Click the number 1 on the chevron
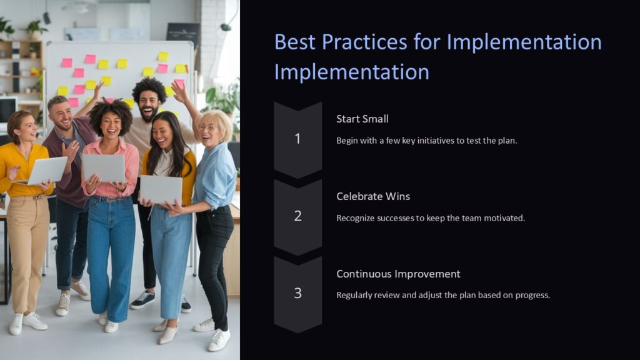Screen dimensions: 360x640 tap(297, 139)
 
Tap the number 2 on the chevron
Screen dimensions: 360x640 tap(297, 216)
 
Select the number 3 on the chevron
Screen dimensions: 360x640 tap(297, 293)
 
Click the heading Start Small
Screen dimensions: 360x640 tap(362, 119)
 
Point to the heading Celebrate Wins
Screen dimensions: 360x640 tap(373, 196)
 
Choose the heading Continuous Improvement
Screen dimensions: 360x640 tap(398, 274)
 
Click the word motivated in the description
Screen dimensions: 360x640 tap(502, 218)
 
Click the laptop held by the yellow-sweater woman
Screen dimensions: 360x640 tap(47, 170)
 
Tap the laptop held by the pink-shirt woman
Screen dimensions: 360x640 tap(104, 167)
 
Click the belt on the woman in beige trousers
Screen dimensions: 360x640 tap(30, 197)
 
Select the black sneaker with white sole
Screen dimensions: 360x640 tap(142, 300)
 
